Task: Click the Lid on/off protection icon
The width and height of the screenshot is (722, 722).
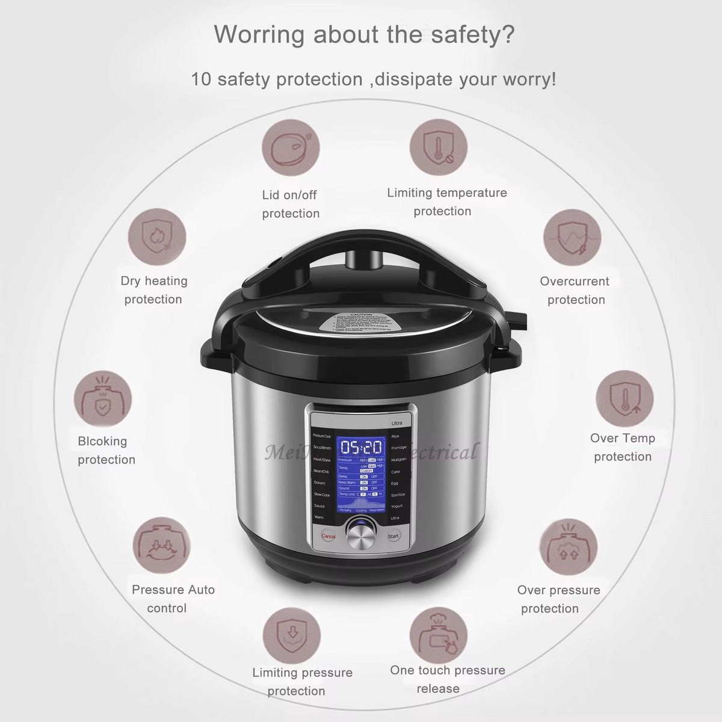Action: (291, 148)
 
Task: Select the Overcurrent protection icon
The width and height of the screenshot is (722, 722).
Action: (572, 238)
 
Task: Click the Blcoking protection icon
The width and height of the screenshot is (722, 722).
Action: (103, 400)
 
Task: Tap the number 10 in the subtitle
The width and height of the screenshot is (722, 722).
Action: (201, 79)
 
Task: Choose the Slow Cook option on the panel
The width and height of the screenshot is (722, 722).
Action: (322, 495)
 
